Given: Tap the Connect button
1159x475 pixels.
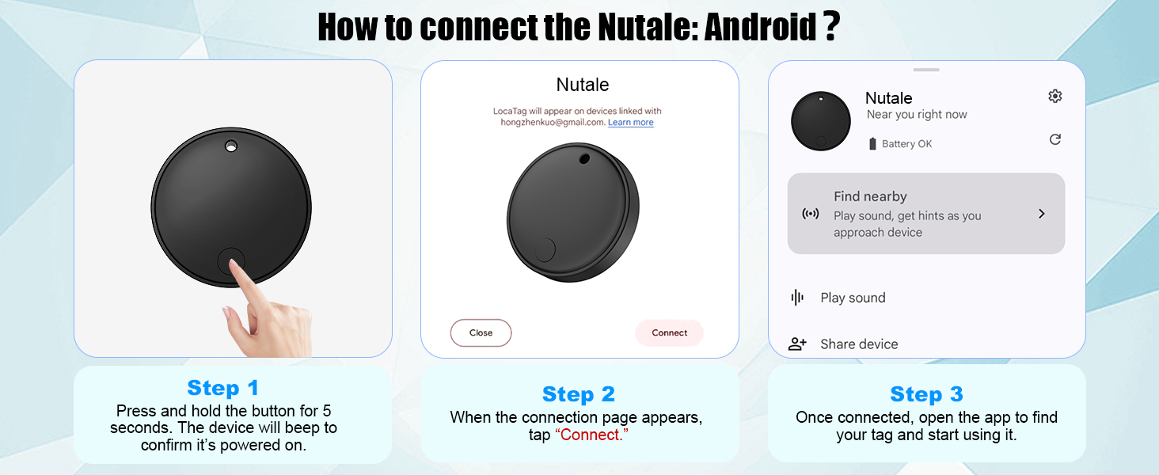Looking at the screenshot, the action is [x=669, y=332].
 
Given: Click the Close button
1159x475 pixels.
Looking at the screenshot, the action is [x=481, y=332].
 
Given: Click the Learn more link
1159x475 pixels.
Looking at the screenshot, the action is [x=631, y=122].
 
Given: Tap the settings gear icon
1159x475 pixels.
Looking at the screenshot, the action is [x=1055, y=97].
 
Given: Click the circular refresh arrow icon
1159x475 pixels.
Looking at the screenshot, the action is [x=1055, y=139].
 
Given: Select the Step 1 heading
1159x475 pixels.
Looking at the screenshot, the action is [x=222, y=388].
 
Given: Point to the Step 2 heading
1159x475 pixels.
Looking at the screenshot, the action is [x=579, y=394].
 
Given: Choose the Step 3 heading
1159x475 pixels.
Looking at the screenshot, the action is [x=926, y=394].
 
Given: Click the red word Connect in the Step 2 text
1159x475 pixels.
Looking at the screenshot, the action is [x=591, y=435].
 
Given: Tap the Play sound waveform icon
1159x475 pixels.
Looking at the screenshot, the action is [x=797, y=298].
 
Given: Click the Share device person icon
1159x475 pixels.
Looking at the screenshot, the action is [x=796, y=344].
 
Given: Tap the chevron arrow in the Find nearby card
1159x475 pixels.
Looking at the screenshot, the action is [x=1042, y=214].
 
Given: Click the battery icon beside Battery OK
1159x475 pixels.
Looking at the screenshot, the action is [x=872, y=144].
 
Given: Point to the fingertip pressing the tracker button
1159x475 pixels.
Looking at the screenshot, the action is [x=234, y=265].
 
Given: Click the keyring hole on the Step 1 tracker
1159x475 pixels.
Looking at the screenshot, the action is [x=231, y=147].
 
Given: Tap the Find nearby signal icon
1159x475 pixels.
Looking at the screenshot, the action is [x=810, y=214].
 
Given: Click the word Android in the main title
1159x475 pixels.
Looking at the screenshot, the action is [x=760, y=27].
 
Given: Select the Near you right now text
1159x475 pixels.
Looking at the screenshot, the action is [x=917, y=114].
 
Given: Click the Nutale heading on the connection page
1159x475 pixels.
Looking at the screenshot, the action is [x=583, y=85].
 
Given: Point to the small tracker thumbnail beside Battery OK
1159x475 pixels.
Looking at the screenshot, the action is [x=821, y=121].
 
